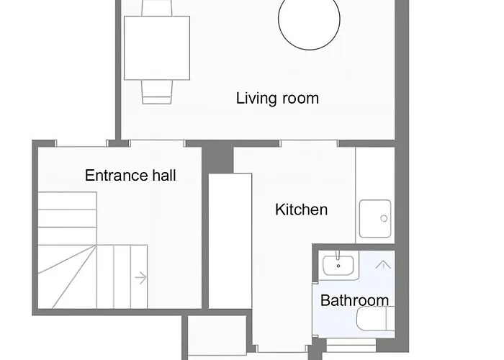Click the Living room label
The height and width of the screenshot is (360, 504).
click(277, 99)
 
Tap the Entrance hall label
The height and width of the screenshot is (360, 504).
click(130, 175)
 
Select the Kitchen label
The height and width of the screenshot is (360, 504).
click(301, 210)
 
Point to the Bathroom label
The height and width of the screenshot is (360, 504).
click(354, 300)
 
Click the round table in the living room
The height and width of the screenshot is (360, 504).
click(309, 22)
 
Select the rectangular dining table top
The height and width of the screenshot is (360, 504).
click(157, 48)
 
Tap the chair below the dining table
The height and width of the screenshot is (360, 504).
click(157, 90)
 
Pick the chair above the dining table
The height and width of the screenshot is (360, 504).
click(157, 7)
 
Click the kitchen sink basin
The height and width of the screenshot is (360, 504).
click(375, 218)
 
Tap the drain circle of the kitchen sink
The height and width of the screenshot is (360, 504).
click(384, 218)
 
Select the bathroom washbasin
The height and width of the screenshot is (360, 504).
click(337, 266)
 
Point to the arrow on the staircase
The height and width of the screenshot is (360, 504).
click(140, 276)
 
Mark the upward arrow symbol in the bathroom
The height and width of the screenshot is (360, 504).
click(383, 265)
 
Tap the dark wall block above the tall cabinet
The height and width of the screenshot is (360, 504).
click(217, 156)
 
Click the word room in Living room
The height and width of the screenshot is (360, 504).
click(299, 99)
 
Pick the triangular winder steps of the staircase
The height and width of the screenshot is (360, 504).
click(66, 270)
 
